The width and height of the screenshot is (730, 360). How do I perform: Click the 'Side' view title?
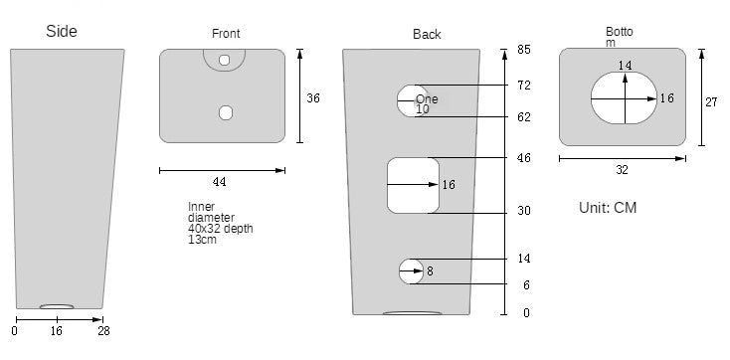tap(62, 31)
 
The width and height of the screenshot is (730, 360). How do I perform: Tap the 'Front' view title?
tap(226, 34)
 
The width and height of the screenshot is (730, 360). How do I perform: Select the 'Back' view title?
tap(427, 34)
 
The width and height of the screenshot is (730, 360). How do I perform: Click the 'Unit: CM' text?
tap(608, 208)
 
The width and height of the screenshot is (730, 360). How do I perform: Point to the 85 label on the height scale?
tap(524, 50)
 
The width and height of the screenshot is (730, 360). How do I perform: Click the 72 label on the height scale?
tap(524, 86)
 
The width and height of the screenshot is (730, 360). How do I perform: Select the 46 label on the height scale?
tap(524, 158)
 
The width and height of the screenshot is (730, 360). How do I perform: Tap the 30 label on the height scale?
tap(524, 211)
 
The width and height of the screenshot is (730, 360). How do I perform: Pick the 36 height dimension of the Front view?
tap(313, 98)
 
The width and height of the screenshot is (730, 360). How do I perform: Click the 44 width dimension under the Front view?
tap(219, 182)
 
